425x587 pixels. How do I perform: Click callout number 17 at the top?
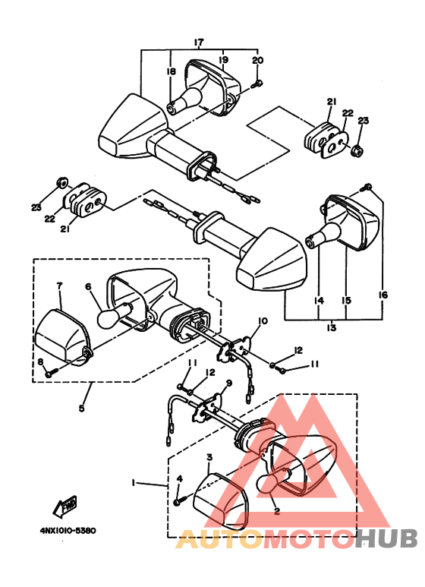(x=199, y=42)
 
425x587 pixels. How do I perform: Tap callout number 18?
(x=171, y=71)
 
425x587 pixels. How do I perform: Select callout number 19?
(x=224, y=59)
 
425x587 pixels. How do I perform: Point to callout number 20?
(x=257, y=60)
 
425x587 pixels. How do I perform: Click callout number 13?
(x=332, y=328)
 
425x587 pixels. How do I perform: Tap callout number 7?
(x=59, y=286)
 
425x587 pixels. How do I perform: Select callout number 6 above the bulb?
(x=88, y=287)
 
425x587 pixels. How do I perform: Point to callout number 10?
(x=263, y=321)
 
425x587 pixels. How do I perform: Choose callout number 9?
(x=226, y=383)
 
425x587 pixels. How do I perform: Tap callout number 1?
(x=134, y=483)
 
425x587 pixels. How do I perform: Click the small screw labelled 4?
(x=178, y=501)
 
